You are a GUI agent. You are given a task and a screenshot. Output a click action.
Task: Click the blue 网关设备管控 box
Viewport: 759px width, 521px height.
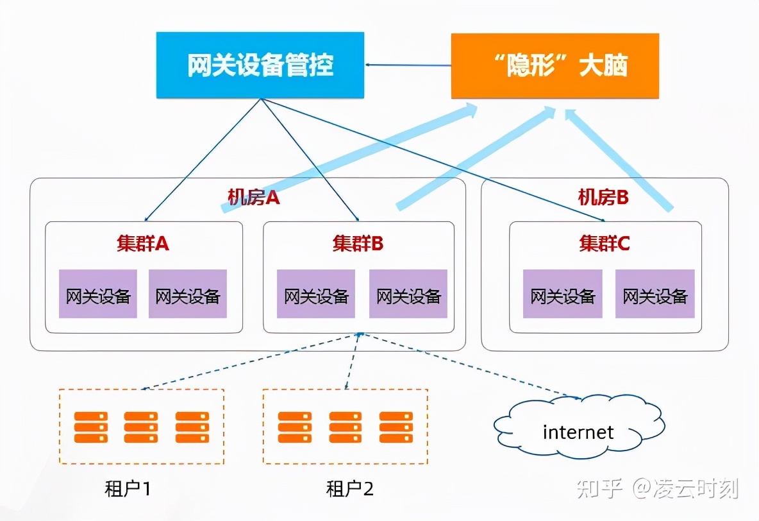[x=260, y=65]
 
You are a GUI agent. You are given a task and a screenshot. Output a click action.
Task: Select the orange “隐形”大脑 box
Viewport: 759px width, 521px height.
[x=555, y=65]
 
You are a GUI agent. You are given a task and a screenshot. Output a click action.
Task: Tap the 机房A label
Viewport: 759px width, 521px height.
[x=254, y=197]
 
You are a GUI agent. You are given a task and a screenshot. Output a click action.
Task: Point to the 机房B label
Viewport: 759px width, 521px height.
[x=603, y=197]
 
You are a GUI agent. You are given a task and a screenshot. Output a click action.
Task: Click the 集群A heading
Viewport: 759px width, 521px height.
[x=142, y=244]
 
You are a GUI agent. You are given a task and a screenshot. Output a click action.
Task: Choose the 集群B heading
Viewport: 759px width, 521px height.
[x=358, y=244]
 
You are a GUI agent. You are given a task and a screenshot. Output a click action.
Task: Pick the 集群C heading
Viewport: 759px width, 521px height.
[x=605, y=244]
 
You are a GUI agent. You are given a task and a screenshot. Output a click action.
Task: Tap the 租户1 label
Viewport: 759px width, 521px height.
[x=128, y=489]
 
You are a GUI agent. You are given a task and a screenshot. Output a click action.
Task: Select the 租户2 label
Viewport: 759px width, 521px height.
[x=349, y=489]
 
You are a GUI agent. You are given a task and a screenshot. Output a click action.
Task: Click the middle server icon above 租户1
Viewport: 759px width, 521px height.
[x=141, y=427]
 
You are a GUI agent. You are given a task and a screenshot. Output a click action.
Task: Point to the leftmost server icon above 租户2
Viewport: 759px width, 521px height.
[x=295, y=427]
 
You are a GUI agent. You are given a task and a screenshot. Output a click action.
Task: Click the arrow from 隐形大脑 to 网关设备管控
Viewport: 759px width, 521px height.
[x=408, y=64]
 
